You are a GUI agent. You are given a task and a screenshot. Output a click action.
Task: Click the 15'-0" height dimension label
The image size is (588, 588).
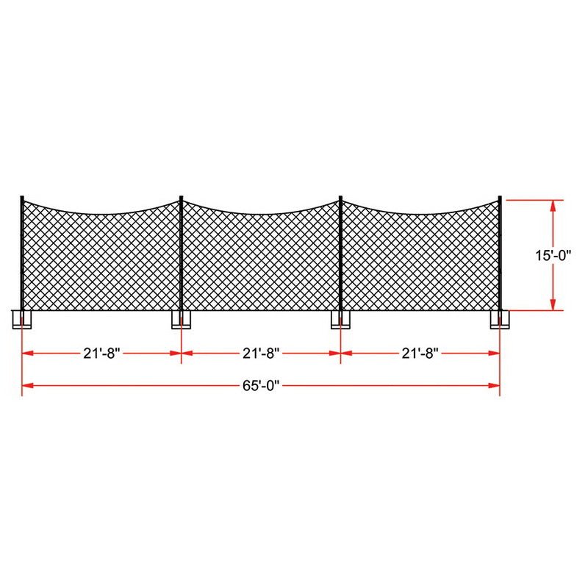pyautogui.click(x=553, y=255)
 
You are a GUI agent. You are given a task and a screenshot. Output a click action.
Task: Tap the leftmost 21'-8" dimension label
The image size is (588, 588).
pyautogui.click(x=101, y=353)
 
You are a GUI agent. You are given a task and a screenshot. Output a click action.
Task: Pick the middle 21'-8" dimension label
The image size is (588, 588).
pyautogui.click(x=261, y=353)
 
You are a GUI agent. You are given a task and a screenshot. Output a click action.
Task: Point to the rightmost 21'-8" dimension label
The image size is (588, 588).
pyautogui.click(x=420, y=353)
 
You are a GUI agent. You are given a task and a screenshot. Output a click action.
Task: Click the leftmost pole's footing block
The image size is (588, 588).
pyautogui.click(x=21, y=319)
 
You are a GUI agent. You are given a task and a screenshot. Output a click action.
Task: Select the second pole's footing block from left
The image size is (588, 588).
pyautogui.click(x=181, y=319)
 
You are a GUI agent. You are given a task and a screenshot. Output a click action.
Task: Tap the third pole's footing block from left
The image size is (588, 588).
pyautogui.click(x=340, y=319)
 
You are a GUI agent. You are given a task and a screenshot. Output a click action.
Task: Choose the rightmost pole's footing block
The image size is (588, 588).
pyautogui.click(x=500, y=319)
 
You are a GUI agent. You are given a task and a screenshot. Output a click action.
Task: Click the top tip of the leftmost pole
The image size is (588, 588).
pyautogui.click(x=22, y=197)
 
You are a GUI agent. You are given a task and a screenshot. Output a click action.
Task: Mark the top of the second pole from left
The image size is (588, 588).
pyautogui.click(x=181, y=197)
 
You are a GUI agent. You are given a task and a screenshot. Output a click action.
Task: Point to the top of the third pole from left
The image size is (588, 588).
pyautogui.click(x=340, y=197)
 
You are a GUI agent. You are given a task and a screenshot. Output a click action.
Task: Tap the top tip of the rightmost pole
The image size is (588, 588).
pyautogui.click(x=500, y=197)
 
